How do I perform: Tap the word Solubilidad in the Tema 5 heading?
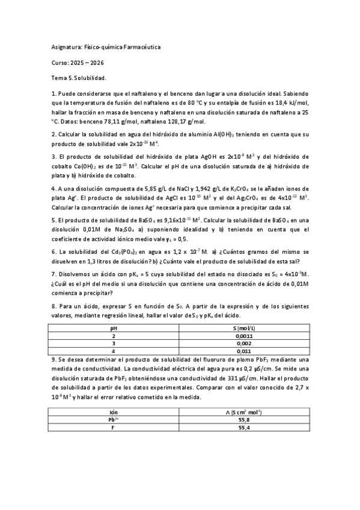[x=90, y=79]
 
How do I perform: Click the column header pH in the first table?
[x=114, y=328]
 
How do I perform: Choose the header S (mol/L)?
[x=243, y=328]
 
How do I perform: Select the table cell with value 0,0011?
[x=243, y=336]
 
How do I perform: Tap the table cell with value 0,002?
[x=243, y=343]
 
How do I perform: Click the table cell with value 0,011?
[x=243, y=351]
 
